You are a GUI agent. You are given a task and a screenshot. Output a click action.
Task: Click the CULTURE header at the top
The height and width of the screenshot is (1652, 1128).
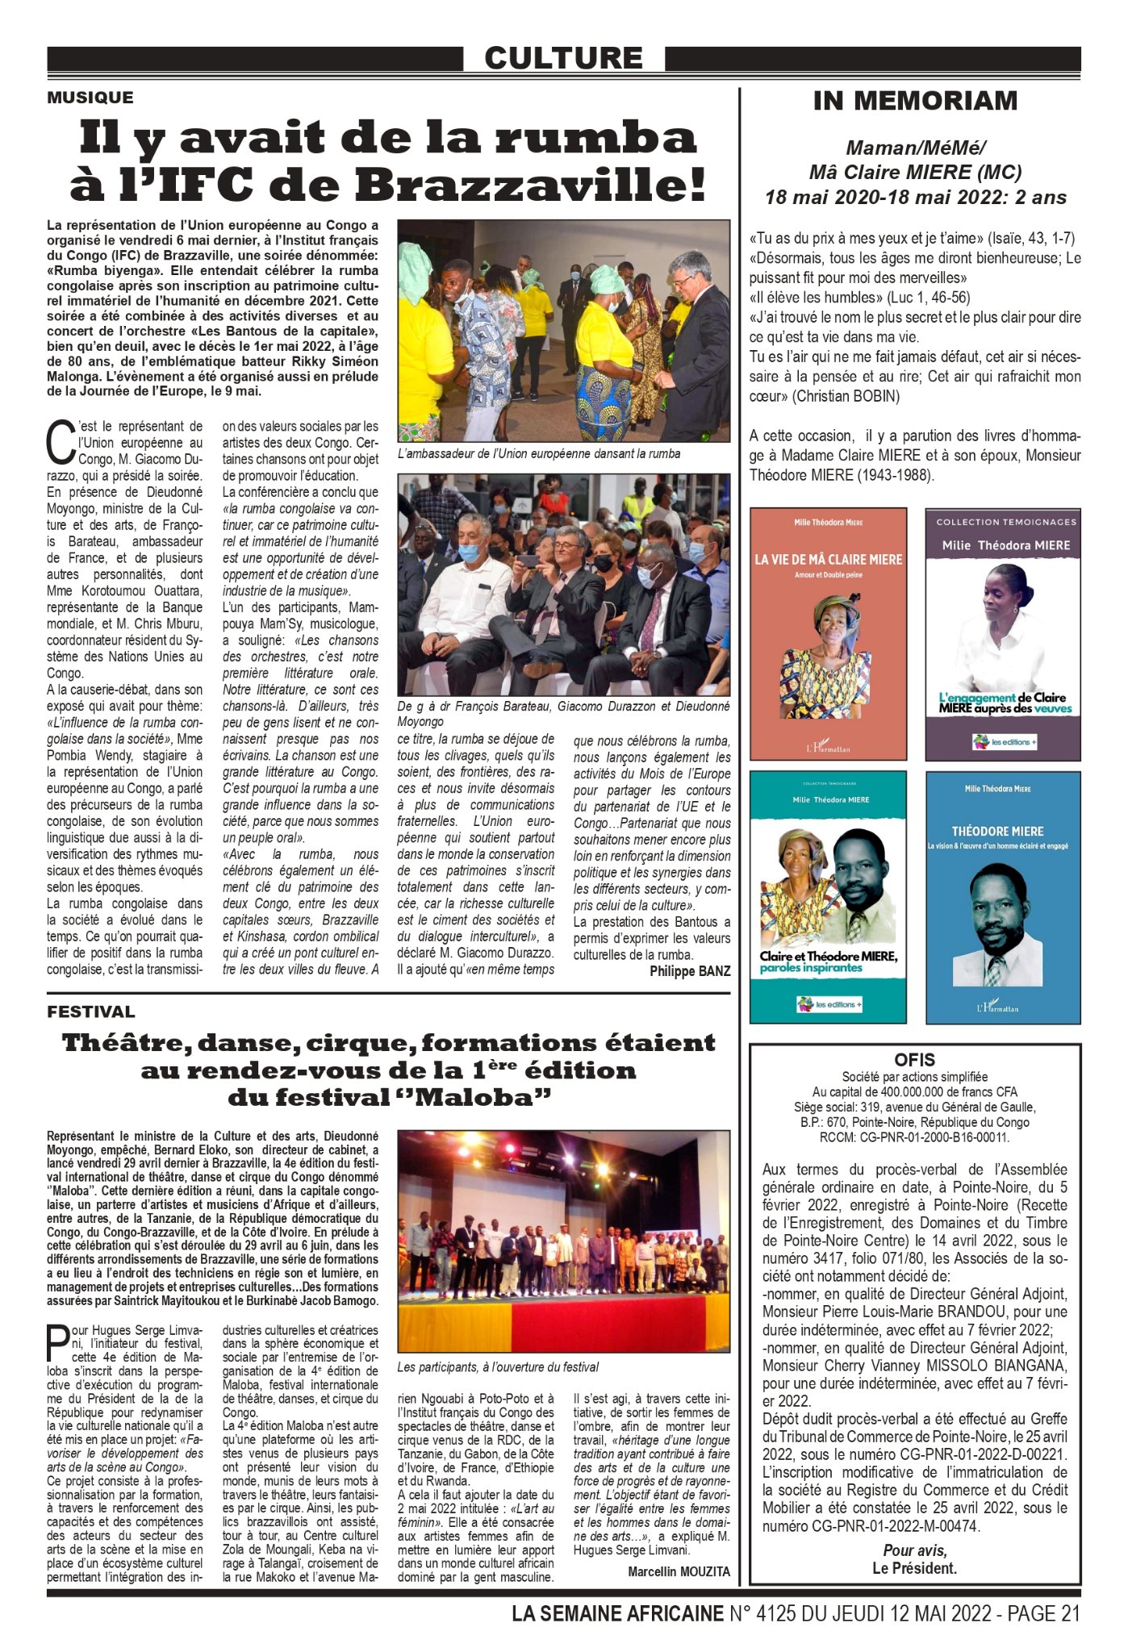[563, 58]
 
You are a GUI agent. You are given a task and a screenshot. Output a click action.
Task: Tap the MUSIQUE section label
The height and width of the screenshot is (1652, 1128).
[90, 98]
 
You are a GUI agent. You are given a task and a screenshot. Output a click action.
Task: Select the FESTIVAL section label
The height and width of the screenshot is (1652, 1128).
[91, 1012]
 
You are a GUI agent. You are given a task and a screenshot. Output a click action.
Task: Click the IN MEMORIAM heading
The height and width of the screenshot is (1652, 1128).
[915, 101]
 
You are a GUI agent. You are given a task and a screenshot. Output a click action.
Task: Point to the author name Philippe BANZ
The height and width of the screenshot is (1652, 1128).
[690, 971]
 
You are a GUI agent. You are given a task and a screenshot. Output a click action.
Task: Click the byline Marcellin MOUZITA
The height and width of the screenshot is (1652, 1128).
[679, 1571]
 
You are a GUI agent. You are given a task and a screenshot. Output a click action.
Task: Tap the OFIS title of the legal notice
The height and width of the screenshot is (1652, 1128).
[915, 1060]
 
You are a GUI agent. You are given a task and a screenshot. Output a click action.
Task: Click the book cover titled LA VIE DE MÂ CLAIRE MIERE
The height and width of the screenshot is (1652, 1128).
[828, 633]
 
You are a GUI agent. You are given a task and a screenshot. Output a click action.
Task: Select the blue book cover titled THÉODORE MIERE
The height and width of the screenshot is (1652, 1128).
[1002, 896]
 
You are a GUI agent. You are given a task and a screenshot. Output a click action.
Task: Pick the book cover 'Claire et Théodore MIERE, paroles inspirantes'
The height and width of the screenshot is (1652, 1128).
[828, 896]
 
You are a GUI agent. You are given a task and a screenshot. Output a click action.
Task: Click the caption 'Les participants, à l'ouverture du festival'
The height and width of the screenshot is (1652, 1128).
[498, 1366]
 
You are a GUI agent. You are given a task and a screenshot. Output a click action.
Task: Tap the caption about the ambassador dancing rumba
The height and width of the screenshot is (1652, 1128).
[539, 453]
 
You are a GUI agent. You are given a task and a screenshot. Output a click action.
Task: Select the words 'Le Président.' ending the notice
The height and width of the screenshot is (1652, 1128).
[915, 1568]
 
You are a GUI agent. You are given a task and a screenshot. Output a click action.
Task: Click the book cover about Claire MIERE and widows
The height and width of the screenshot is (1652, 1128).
[1002, 633]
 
